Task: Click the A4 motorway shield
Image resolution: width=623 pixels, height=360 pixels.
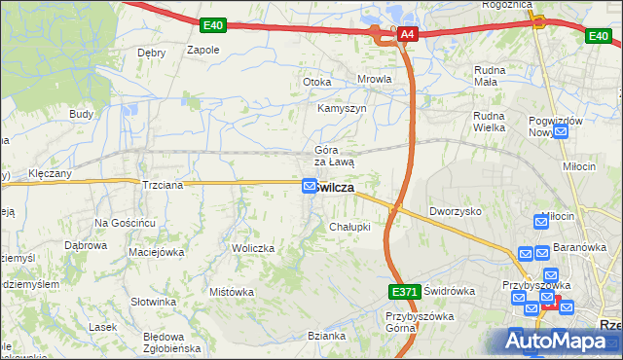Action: (407, 35)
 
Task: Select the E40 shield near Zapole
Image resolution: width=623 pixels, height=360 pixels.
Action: (214, 24)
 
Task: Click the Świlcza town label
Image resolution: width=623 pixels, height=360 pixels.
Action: (334, 187)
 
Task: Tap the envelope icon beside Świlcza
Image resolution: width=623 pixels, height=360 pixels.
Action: (310, 186)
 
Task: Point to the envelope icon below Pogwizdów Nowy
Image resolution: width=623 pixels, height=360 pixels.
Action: (559, 133)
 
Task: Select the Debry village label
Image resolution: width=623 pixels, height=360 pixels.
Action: (152, 53)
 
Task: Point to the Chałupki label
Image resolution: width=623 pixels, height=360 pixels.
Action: (349, 227)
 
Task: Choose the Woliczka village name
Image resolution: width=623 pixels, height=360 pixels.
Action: (252, 249)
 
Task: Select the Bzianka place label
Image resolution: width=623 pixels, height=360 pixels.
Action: (327, 336)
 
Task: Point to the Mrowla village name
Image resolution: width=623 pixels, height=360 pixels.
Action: (375, 80)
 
